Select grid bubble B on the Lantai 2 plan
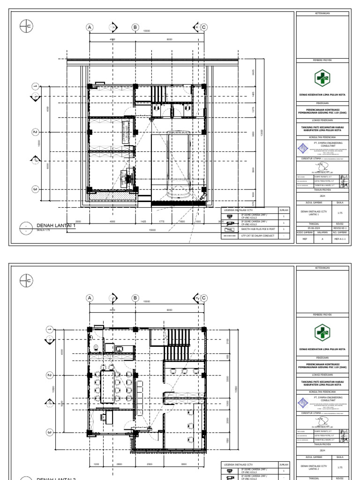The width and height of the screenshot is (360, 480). tap(135, 298)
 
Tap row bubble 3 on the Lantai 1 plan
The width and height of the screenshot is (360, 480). tap(35, 189)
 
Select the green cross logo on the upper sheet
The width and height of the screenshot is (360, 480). tap(322, 77)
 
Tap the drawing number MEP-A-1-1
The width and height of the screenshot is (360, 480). tap(340, 238)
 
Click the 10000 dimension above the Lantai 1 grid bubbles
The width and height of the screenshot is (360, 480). tap(146, 31)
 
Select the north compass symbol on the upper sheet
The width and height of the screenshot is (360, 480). tap(26, 27)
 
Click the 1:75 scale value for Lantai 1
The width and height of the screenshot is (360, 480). tap(340, 213)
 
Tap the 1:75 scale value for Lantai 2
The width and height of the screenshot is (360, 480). tap(340, 467)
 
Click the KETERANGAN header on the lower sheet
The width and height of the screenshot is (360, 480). tap(322, 267)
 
